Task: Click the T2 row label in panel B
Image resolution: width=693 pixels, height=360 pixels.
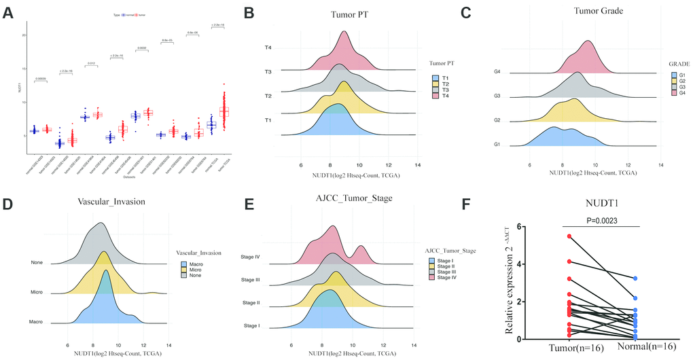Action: coord(268,96)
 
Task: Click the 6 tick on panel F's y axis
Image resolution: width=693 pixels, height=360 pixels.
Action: coord(520,227)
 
